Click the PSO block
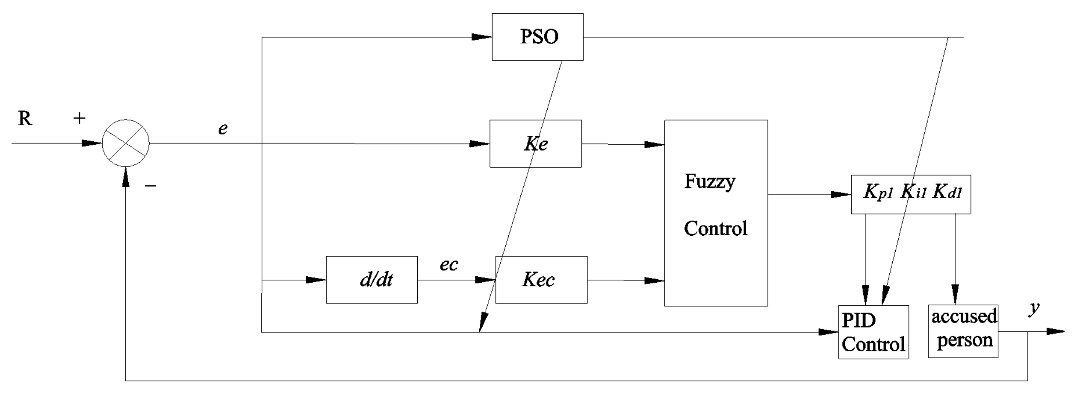pos(537,37)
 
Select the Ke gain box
pos(535,144)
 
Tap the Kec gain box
pos(541,280)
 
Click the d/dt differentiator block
pos(372,280)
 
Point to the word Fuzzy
pos(709,181)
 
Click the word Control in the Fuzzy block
pos(715,228)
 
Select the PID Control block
pos(873,332)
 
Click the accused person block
pos(963,331)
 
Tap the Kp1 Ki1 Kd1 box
pos(911,194)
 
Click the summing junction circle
pos(126,143)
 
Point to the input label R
pos(25,118)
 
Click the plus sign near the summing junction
pos(80,118)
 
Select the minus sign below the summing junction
pos(150,186)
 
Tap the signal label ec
pos(448,265)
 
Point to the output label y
pos(1034,307)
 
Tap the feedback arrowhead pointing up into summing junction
pos(126,176)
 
